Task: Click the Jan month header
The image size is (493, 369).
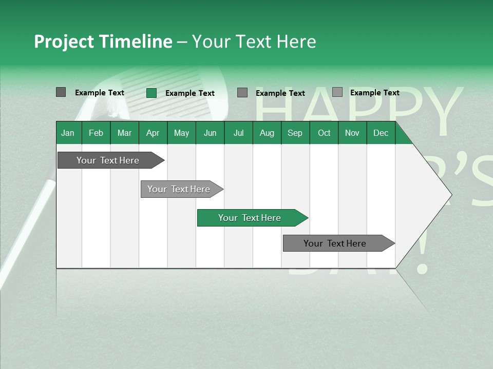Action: point(68,133)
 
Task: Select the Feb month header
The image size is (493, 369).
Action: point(96,133)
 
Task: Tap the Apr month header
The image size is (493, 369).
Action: point(153,133)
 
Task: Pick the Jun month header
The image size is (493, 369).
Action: point(210,133)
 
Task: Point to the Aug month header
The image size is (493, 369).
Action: point(267,133)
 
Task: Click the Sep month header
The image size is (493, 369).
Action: point(295,133)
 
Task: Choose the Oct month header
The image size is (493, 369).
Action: point(324,133)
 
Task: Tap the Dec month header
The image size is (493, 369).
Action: point(381,133)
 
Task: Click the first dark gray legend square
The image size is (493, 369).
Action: point(61,92)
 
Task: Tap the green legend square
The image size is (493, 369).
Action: point(151,93)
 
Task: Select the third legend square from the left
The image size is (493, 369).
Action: point(242,92)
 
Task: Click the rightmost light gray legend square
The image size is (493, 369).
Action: point(337,92)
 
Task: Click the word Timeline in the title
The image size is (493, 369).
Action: point(136,42)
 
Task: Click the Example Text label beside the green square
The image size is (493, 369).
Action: point(189,93)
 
